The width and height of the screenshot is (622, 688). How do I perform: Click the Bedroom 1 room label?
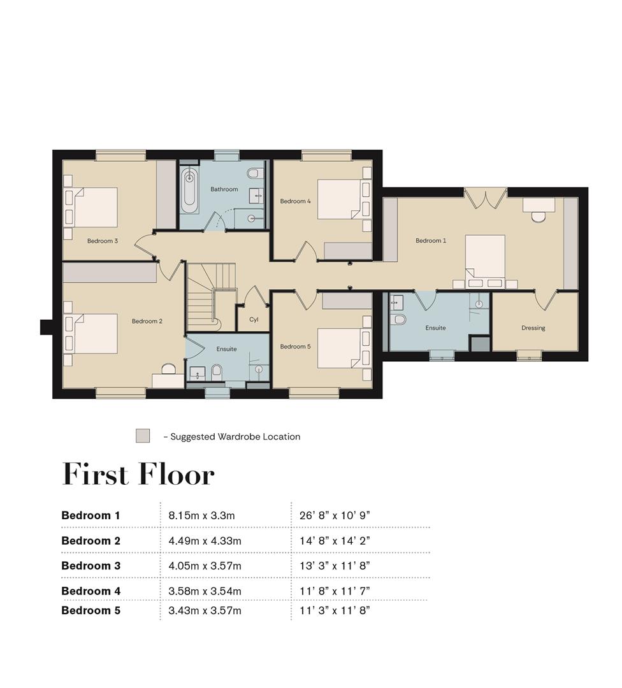point(431,240)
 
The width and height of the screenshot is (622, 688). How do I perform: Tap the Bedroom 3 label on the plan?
point(102,241)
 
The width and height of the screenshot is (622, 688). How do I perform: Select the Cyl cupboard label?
point(254,319)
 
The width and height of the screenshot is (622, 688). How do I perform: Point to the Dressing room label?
point(533,328)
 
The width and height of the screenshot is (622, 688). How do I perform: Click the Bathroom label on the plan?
point(224,189)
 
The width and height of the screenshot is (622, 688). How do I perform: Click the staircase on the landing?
point(211,297)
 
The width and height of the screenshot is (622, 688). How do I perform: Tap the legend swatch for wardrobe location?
point(143,436)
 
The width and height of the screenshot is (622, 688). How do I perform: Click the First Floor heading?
point(138,474)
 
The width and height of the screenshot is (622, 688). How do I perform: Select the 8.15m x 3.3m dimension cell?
point(201,515)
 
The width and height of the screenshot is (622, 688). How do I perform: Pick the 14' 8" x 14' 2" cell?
point(335,541)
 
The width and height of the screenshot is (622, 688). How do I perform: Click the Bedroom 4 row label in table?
point(91,591)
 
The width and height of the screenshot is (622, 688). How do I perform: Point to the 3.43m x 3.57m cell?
point(205,610)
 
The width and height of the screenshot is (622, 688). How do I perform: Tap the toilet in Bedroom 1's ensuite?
point(399,319)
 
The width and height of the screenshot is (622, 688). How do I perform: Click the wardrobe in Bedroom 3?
point(166,194)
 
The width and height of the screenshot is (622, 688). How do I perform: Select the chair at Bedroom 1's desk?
point(538,217)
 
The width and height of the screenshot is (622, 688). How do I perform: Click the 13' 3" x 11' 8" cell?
point(335,566)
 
